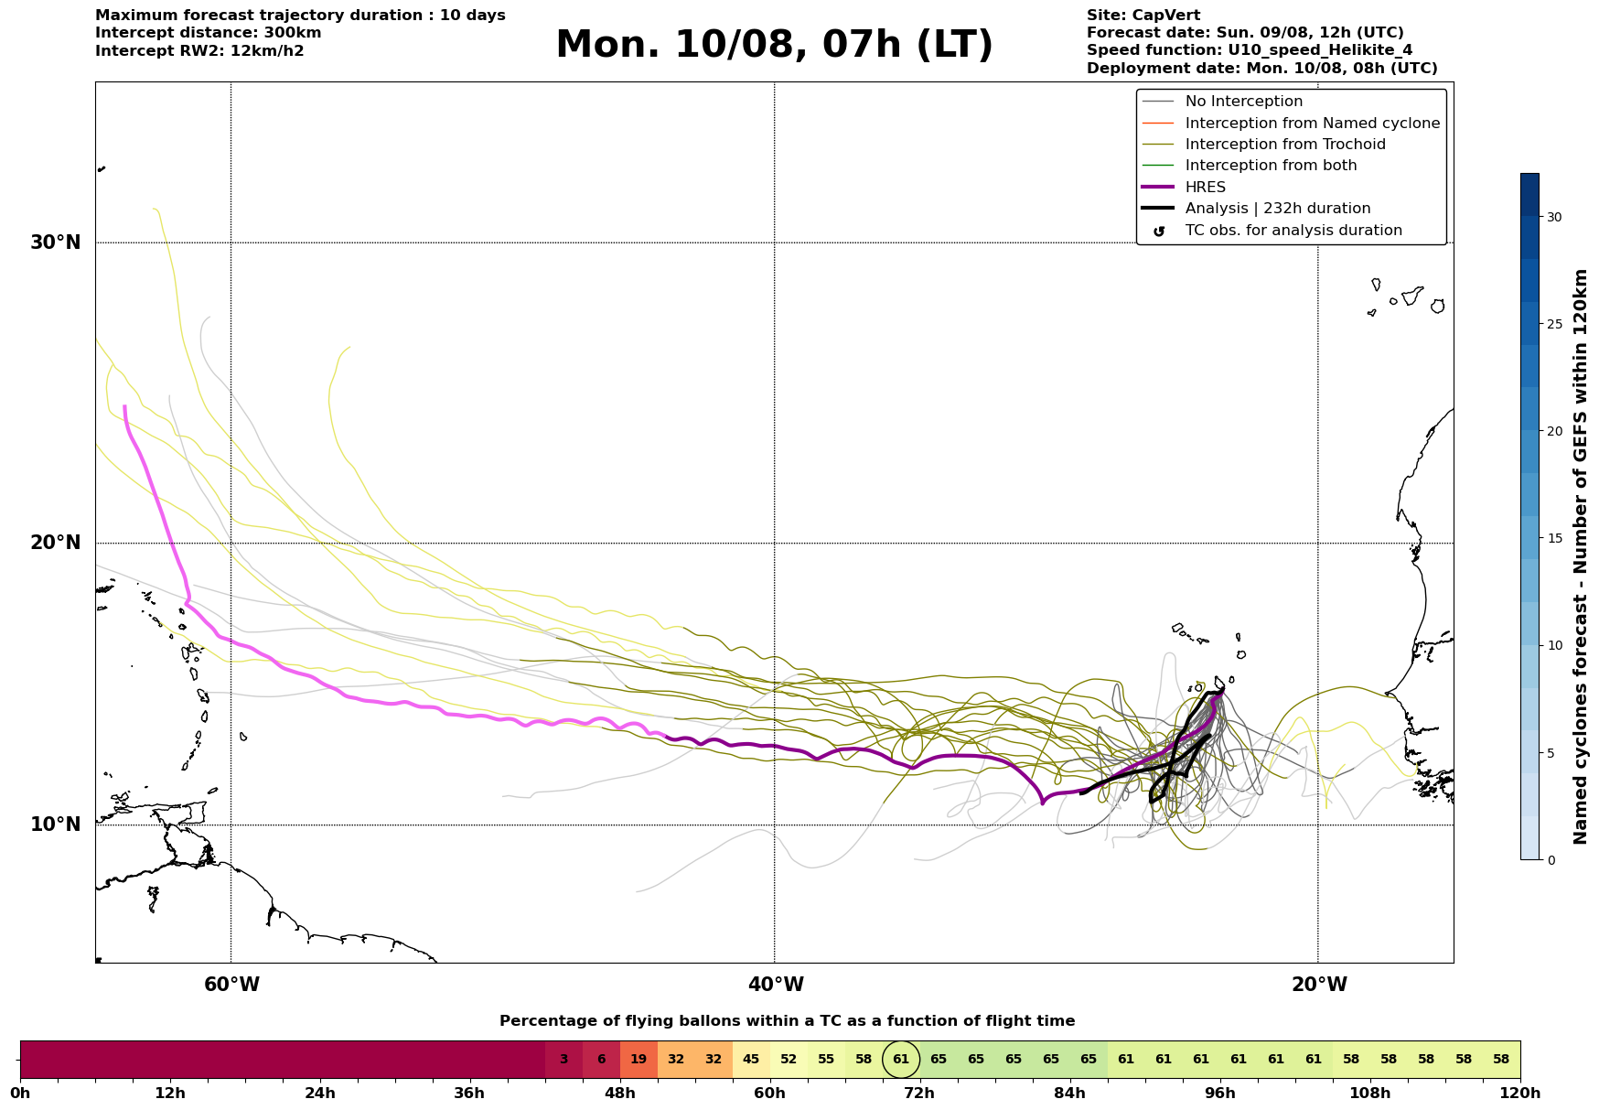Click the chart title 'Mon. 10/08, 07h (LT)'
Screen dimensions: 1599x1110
774,45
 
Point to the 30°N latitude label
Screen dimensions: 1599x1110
56,242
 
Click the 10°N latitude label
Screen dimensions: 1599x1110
56,824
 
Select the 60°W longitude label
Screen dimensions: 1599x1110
231,985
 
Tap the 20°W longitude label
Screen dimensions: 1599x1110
1319,985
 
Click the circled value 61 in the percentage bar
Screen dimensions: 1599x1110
901,1060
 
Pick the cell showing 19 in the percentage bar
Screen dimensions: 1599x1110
639,1060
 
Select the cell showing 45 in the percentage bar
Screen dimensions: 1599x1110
751,1060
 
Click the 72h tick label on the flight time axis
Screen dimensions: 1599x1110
919,1094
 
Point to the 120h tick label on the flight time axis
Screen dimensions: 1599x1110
1521,1094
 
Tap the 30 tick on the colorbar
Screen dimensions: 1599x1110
1554,217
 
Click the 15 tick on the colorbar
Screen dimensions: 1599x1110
1554,538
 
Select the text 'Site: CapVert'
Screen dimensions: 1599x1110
1143,16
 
